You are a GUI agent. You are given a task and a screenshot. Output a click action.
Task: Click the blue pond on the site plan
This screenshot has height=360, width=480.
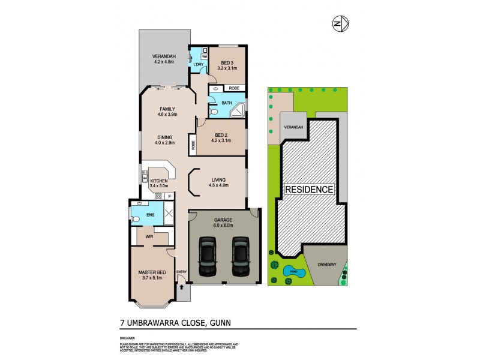tap(295, 271)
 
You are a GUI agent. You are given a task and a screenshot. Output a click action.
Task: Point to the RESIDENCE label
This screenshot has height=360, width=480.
tap(309, 190)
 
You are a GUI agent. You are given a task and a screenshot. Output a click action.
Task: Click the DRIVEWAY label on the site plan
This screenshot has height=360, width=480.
tap(328, 262)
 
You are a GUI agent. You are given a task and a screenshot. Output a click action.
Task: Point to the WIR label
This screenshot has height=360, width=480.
tap(149, 236)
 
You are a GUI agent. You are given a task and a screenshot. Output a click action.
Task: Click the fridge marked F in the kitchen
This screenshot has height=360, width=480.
tap(170, 196)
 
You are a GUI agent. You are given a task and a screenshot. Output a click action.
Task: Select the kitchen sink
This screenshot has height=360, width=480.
tap(145, 177)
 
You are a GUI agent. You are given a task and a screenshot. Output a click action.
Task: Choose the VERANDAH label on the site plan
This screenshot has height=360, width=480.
tap(293, 128)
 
